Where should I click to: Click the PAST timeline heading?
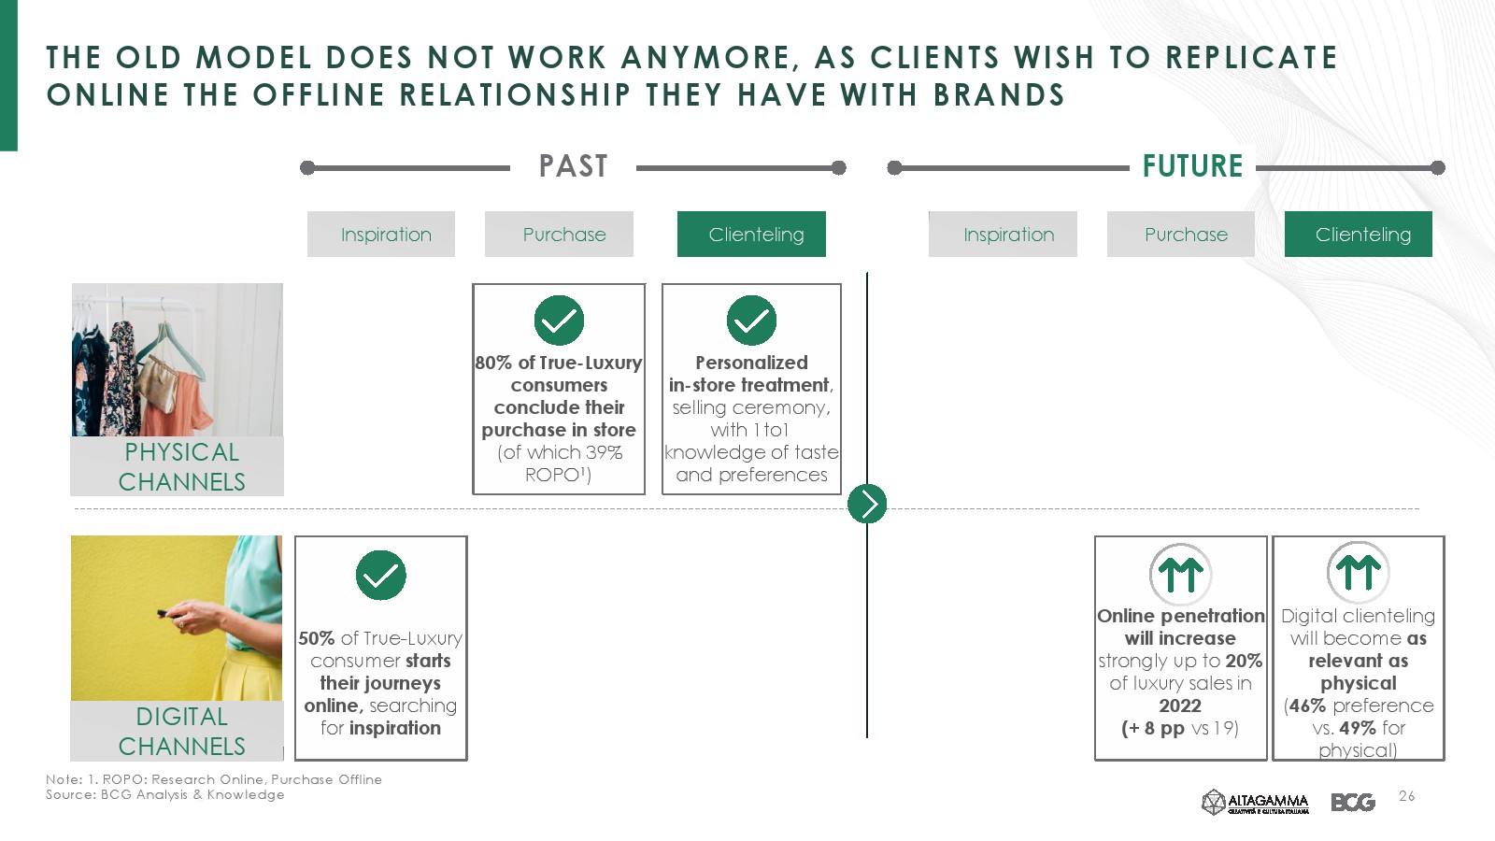[x=574, y=166]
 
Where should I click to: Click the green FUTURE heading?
[x=1192, y=166]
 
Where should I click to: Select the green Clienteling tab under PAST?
[x=751, y=235]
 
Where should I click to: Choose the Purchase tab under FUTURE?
[x=1181, y=235]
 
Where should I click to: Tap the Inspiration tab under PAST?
[x=381, y=235]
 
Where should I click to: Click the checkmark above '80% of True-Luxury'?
[x=560, y=321]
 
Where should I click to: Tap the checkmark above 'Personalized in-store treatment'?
[x=751, y=321]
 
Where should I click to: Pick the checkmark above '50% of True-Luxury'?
[x=381, y=576]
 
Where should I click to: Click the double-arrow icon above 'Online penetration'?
[x=1181, y=574]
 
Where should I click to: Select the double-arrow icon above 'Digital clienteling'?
[x=1359, y=572]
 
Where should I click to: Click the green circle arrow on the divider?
[x=867, y=504]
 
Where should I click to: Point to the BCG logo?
[x=1353, y=802]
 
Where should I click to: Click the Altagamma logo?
[x=1256, y=802]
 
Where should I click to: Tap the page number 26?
[x=1407, y=795]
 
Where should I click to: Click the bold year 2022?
[x=1180, y=706]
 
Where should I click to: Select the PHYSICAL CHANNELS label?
[x=181, y=466]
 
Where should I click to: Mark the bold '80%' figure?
[x=494, y=363]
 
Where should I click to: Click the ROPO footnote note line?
[x=214, y=779]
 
